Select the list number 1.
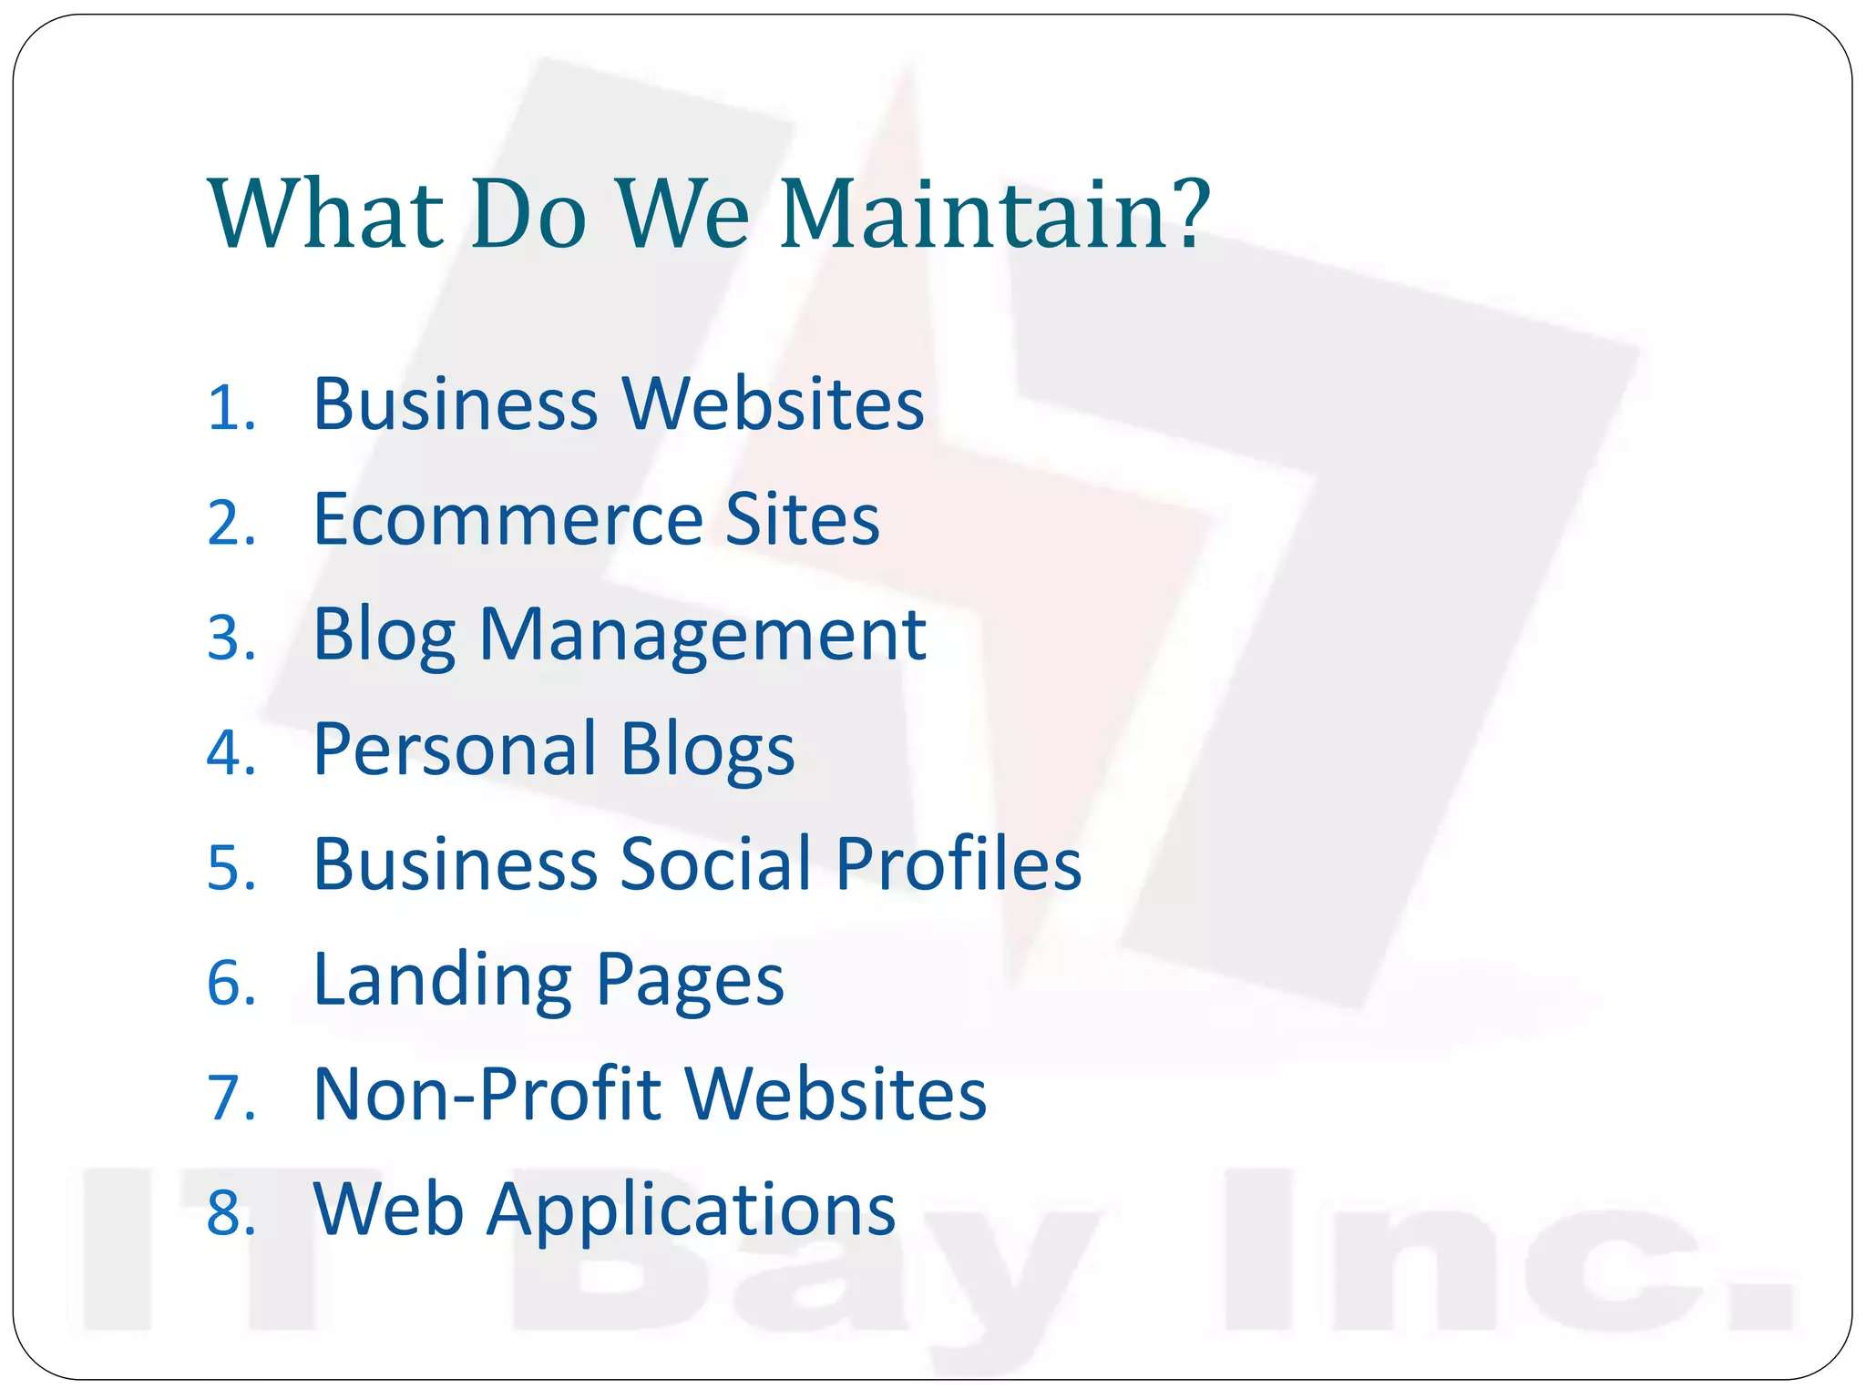point(231,408)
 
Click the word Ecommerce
point(508,519)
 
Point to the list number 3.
point(231,638)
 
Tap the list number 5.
point(231,867)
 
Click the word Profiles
point(959,864)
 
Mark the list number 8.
point(231,1213)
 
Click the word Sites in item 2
point(802,519)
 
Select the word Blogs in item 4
point(707,750)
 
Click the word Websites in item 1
point(773,404)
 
